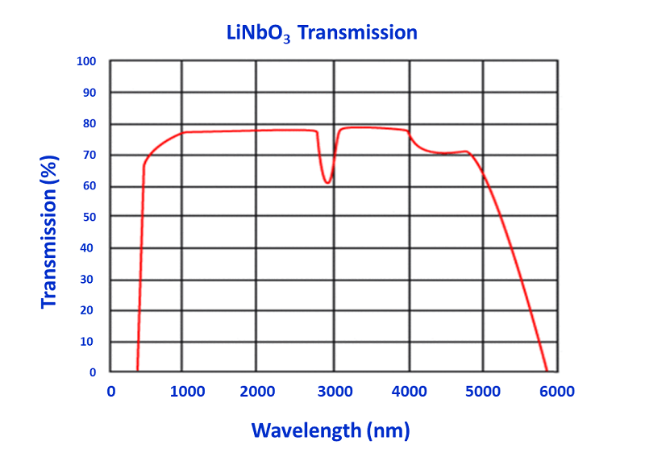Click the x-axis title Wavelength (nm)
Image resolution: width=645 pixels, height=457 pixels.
[x=331, y=430]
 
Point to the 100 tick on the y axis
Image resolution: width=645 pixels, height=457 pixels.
[x=86, y=61]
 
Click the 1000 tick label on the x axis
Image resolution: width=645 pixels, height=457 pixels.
[x=185, y=393]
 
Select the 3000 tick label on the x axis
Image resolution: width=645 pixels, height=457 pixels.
[x=332, y=393]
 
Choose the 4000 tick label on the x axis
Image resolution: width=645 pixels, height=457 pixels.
[x=409, y=393]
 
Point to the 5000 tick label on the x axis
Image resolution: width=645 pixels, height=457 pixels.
[x=483, y=393]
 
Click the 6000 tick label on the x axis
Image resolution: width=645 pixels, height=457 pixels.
[x=556, y=393]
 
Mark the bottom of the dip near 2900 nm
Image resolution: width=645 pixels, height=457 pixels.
[x=327, y=183]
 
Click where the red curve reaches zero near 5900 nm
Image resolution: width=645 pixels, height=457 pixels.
[x=547, y=370]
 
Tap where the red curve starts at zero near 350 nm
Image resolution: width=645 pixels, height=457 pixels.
[x=137, y=370]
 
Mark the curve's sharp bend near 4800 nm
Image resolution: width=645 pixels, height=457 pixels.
[x=468, y=152]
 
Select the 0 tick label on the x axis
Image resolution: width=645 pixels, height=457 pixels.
[x=111, y=393]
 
